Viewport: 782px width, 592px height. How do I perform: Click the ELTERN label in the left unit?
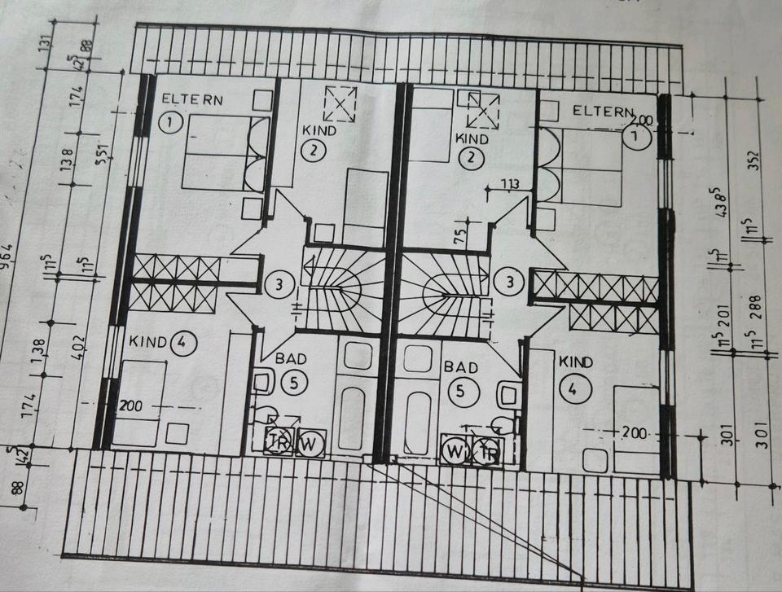192,99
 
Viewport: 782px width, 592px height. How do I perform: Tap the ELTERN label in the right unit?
604,111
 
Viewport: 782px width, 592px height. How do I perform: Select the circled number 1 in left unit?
169,123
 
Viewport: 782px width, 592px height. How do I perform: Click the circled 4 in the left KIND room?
181,343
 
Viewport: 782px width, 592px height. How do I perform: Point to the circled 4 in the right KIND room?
575,389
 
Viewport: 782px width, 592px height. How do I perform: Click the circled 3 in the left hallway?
279,285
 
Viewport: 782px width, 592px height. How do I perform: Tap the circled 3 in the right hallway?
511,283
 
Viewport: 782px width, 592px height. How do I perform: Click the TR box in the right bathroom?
490,451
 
